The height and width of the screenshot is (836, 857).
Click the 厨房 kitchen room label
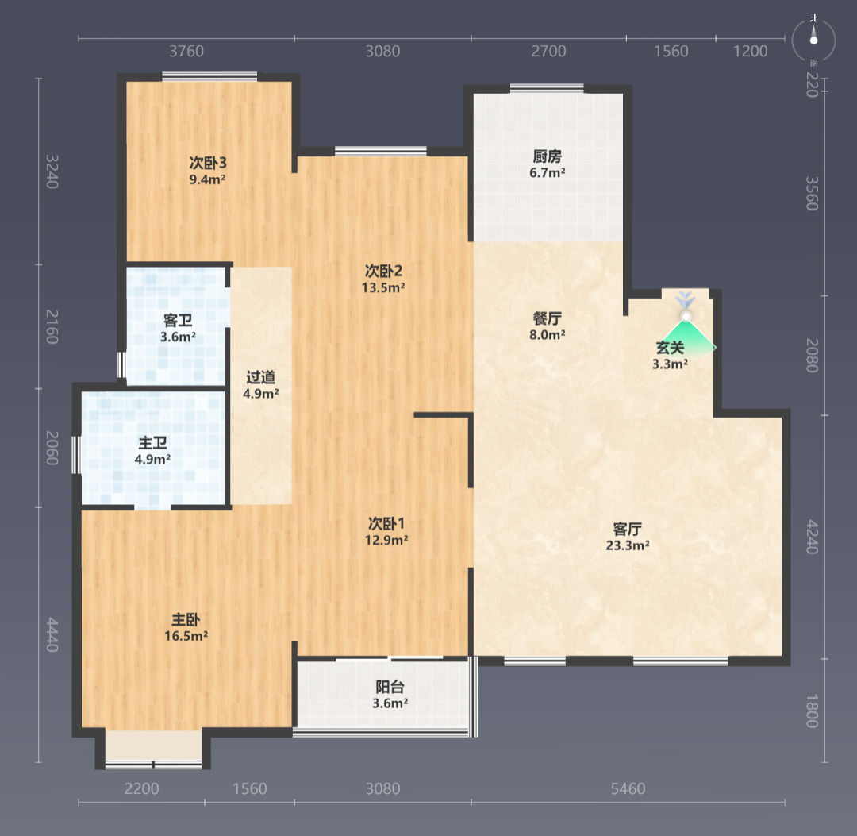point(547,156)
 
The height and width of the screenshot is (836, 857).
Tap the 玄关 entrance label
point(670,348)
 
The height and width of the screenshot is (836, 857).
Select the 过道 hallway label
point(261,377)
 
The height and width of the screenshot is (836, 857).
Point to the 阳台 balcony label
point(390,687)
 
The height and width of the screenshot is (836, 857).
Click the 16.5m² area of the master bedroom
point(186,636)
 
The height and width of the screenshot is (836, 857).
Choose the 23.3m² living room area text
point(628,545)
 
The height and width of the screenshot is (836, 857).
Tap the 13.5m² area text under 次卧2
point(383,287)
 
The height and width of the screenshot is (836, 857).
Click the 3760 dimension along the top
point(186,52)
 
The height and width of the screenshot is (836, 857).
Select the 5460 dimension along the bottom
point(628,788)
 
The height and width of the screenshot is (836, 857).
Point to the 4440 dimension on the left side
point(52,634)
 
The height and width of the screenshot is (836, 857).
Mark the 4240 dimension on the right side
point(813,537)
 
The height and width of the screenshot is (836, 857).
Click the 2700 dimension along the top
point(549,52)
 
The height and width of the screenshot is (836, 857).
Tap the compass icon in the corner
point(814,40)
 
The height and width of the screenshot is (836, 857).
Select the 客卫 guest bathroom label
point(178,321)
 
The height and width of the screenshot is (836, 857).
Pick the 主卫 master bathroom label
point(152,443)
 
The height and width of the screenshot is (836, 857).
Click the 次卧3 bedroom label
point(208,163)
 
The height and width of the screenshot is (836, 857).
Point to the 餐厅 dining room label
point(547,318)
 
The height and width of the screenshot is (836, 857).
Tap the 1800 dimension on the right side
point(813,711)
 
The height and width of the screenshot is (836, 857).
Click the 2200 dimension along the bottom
point(141,788)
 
